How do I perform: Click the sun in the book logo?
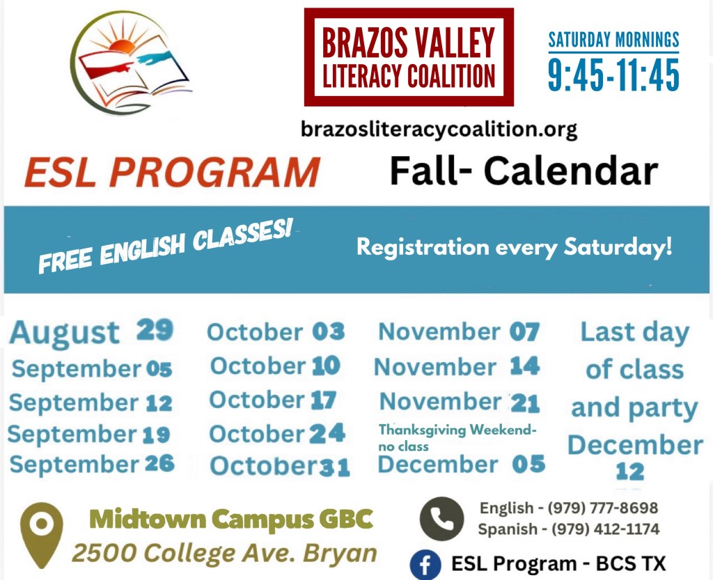(x=121, y=46)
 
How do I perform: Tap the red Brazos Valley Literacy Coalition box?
(x=409, y=57)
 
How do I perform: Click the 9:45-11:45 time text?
(x=613, y=75)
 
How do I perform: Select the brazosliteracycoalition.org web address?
(x=439, y=130)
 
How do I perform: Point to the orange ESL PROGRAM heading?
(x=173, y=172)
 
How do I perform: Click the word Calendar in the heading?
(x=571, y=171)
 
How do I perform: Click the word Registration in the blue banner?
(x=423, y=248)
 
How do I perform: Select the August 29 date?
(x=91, y=331)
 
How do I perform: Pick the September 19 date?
(x=89, y=434)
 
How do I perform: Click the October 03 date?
(x=276, y=332)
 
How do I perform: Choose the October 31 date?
(x=280, y=467)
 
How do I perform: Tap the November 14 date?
(x=457, y=366)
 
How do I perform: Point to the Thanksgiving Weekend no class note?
(x=457, y=437)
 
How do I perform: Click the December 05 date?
(x=462, y=464)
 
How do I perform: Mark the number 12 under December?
(x=630, y=472)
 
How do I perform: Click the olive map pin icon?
(x=42, y=535)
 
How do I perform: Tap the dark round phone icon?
(x=441, y=519)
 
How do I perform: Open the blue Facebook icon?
(x=425, y=565)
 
